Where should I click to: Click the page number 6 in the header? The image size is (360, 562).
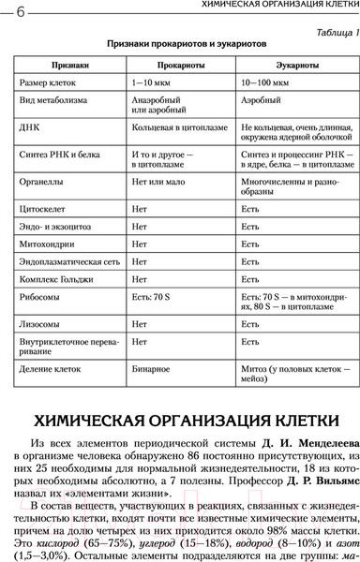[x=20, y=9]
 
